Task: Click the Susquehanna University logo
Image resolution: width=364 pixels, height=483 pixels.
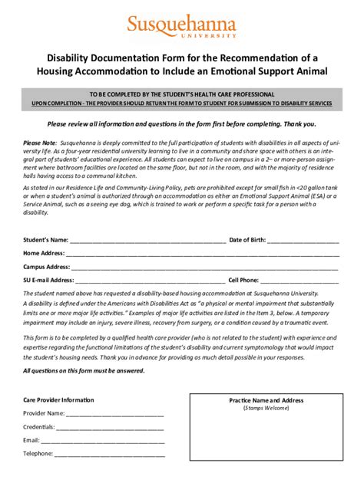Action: click(181, 26)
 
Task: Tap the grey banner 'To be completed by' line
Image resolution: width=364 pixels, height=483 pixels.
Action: click(182, 94)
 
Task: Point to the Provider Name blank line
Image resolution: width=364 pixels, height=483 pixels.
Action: click(115, 413)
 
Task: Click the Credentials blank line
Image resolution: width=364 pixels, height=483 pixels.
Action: click(111, 427)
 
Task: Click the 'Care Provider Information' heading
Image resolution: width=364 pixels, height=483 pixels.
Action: click(58, 399)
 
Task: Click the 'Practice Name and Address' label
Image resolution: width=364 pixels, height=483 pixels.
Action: click(266, 400)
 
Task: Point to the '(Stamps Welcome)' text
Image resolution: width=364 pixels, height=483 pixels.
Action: click(266, 409)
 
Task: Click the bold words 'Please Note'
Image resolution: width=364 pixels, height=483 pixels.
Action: click(40, 143)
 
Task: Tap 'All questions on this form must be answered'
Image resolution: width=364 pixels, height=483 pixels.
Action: click(84, 371)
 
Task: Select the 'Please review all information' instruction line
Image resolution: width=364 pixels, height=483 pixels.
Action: click(181, 123)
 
